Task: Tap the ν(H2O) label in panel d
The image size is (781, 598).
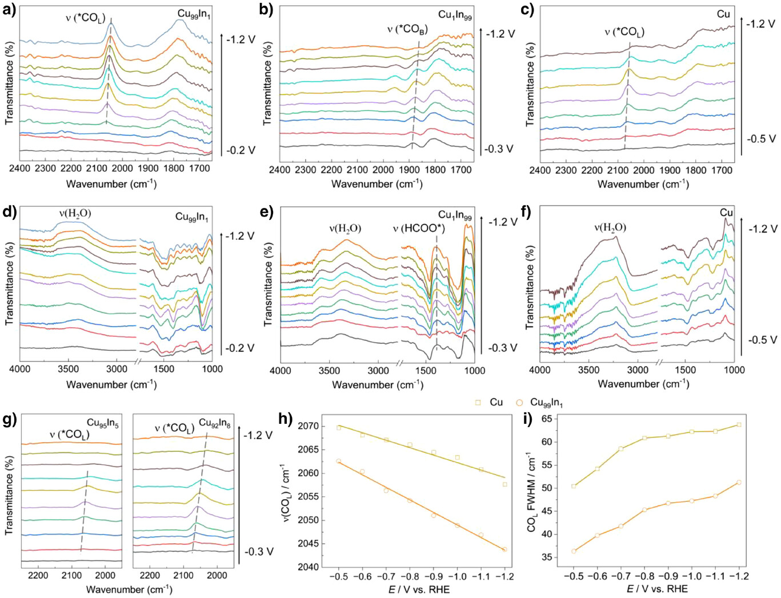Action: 75,214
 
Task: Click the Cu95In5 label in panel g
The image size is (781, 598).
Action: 102,423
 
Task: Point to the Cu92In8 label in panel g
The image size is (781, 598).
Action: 215,423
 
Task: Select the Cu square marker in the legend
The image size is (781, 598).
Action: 478,403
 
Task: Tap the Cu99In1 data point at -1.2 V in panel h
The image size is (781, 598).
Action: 504,549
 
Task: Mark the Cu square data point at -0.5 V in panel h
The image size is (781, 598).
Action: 339,427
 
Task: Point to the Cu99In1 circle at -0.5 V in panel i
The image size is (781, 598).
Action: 574,551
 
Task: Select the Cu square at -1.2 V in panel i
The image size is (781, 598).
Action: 739,424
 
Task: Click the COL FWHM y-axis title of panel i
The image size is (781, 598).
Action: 532,494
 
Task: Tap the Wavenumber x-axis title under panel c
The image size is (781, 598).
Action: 643,184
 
